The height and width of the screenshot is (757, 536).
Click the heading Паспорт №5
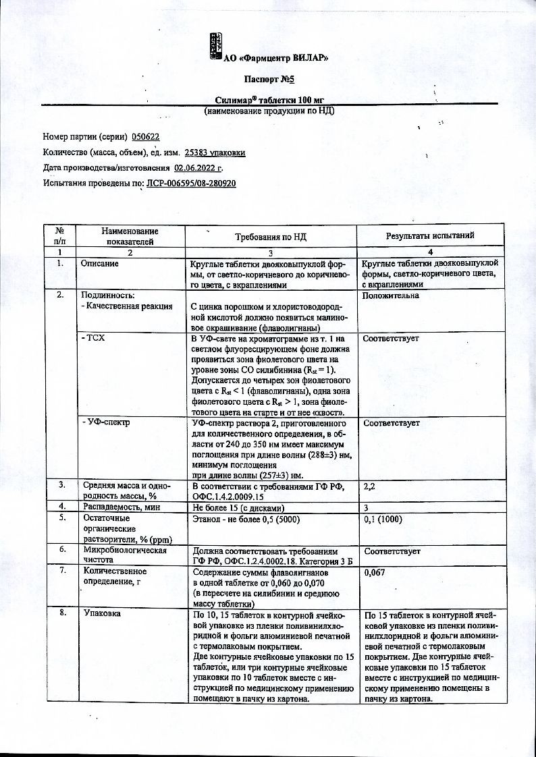tap(268, 79)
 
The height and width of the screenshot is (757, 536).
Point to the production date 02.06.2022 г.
tap(198, 168)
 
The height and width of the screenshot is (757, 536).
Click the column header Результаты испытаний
tap(429, 235)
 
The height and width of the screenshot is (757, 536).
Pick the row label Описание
tap(100, 264)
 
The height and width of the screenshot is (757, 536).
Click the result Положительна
tap(391, 295)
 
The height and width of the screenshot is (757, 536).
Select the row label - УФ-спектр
tap(105, 423)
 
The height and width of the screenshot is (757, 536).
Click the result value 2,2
tap(369, 486)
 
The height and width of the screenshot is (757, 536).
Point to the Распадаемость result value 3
tap(366, 507)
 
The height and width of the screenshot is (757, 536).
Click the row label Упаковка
tap(102, 615)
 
